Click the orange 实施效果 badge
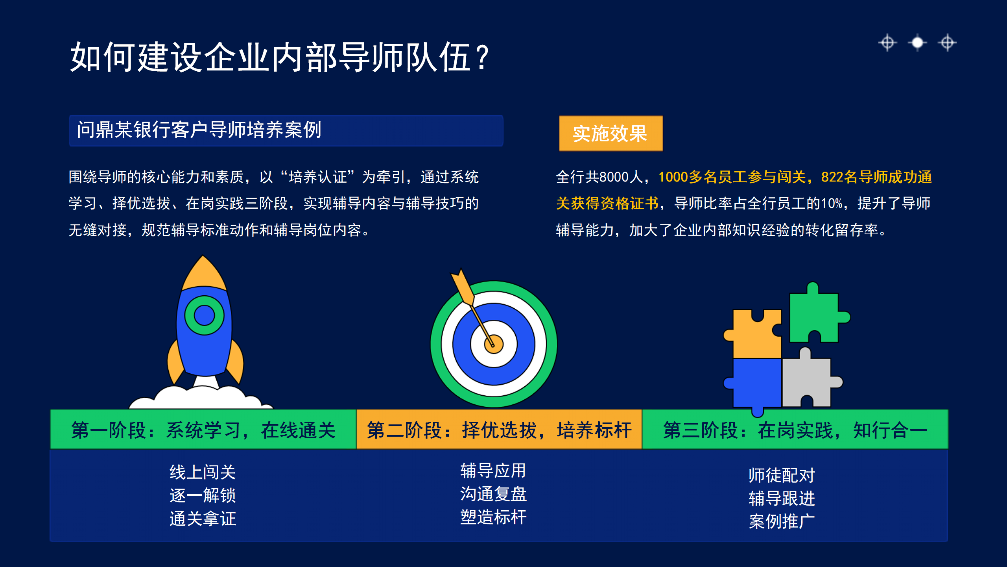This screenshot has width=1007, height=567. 610,133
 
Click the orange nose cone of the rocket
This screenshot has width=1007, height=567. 203,274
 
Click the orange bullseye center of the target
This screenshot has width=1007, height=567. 494,344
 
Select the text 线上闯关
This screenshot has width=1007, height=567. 203,472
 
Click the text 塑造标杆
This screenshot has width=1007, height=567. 493,517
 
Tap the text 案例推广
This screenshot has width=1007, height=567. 782,521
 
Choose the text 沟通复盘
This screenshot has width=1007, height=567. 493,494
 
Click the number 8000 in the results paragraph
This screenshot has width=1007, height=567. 614,177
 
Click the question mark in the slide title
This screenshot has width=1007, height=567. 482,57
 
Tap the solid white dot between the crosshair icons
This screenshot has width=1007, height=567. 917,43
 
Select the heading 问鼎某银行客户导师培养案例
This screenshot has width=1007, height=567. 199,130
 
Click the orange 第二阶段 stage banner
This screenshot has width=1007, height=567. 499,430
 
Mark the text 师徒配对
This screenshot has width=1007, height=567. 782,475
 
